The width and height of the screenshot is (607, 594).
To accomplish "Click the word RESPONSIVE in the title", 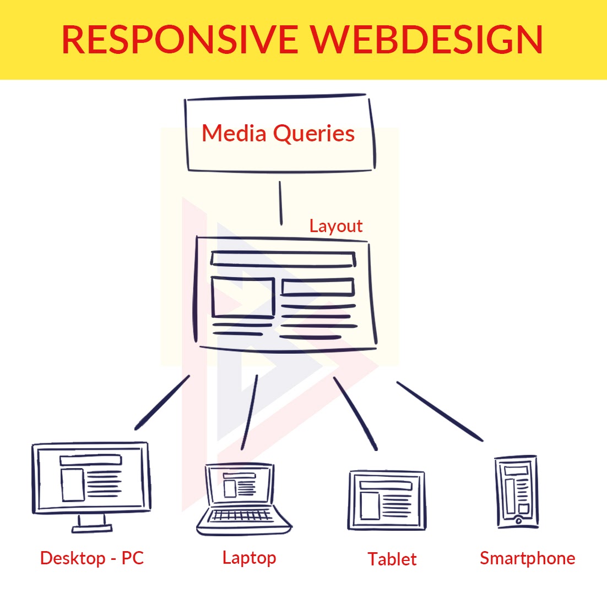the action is [180, 40].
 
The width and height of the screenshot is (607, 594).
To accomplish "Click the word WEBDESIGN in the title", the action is [427, 40].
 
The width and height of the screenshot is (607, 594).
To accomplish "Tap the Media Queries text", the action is [278, 134].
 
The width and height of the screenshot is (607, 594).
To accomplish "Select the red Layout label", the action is [336, 226].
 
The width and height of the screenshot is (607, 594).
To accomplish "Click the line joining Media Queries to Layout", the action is [280, 203].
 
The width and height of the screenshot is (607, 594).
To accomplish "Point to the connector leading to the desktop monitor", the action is [162, 402].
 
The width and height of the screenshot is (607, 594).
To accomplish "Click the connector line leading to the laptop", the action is [250, 413].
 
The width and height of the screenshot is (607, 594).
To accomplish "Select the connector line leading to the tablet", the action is [355, 414].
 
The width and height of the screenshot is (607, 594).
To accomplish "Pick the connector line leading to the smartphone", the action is [440, 411].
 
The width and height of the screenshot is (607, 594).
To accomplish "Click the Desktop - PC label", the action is [92, 558].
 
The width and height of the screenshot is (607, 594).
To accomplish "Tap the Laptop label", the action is [250, 558].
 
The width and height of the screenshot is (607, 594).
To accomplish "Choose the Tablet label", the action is [392, 559].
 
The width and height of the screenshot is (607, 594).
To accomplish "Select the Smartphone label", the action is [528, 558].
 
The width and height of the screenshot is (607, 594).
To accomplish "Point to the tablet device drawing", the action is [387, 500].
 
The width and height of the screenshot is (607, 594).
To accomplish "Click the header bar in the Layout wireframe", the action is [283, 258].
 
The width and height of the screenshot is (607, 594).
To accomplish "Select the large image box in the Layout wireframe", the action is [243, 297].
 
